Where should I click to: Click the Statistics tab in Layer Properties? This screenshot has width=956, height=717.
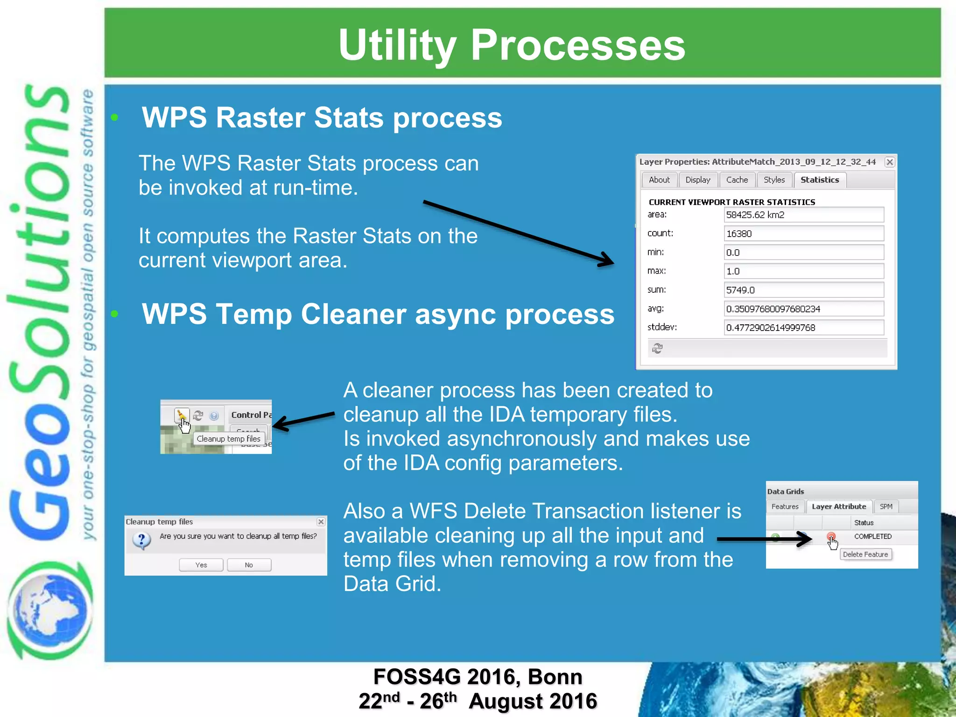click(820, 180)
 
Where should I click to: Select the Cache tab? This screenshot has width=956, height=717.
click(737, 180)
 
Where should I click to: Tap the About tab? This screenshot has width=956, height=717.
click(659, 180)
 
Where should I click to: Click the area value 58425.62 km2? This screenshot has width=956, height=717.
click(803, 215)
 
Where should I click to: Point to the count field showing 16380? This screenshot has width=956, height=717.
click(803, 233)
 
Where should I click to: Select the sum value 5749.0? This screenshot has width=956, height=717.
click(803, 290)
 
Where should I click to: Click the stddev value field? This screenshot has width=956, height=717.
click(803, 328)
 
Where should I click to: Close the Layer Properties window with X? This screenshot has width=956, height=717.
click(890, 162)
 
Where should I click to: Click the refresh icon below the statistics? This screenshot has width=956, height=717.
click(657, 348)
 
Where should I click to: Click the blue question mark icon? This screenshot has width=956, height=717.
click(141, 540)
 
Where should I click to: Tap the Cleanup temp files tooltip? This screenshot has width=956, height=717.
click(228, 439)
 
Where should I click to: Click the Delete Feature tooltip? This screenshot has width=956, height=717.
click(865, 555)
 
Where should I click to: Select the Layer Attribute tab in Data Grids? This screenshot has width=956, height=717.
click(838, 506)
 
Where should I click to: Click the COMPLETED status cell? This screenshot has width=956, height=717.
click(872, 536)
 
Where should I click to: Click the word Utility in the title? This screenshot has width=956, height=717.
click(397, 45)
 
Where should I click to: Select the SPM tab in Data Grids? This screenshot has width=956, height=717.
click(886, 506)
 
